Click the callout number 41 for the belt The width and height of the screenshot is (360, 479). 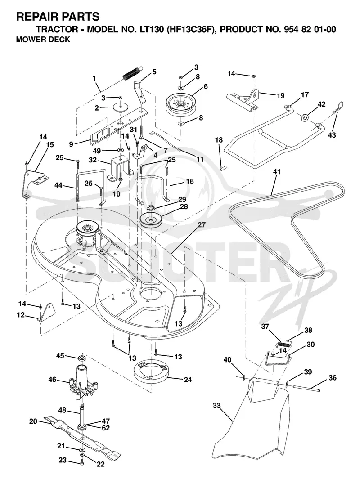277,172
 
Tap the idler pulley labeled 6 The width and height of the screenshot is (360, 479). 180,104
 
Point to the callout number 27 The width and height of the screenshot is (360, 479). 202,225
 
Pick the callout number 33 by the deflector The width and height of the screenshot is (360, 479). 216,406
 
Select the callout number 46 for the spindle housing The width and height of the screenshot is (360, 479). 53,380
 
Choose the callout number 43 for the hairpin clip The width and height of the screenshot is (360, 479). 332,134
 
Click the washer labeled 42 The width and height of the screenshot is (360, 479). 304,116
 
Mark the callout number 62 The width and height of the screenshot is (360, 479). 106,428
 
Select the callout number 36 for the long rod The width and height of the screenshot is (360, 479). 332,378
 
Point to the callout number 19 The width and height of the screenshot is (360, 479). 280,96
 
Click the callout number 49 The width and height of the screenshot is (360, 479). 97,151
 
